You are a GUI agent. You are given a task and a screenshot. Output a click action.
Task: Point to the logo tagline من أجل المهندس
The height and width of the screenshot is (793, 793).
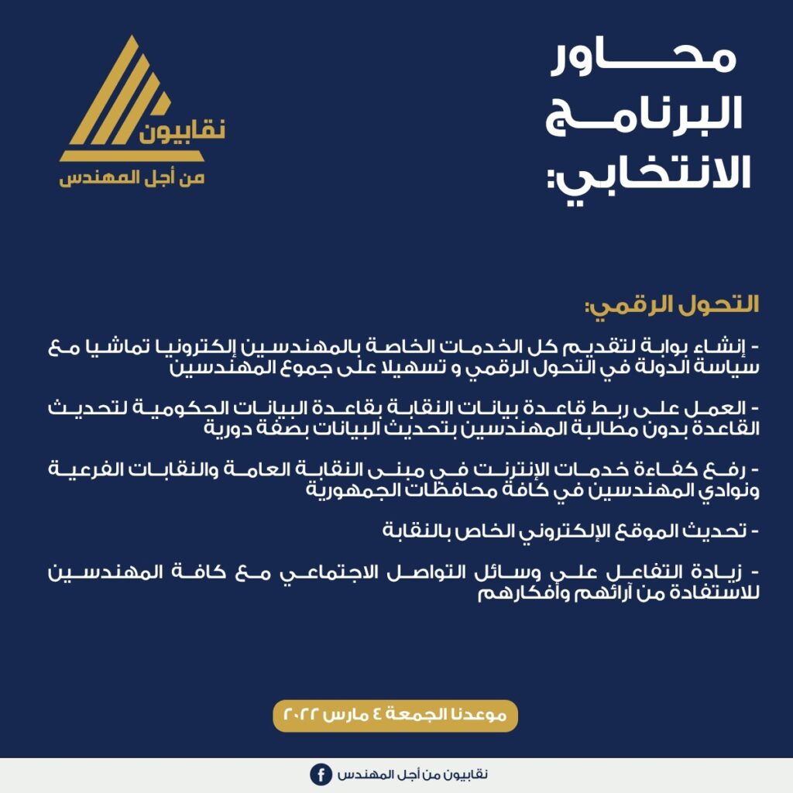coord(132,178)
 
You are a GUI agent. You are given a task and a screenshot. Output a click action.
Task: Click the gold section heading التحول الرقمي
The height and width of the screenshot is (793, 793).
coord(670,304)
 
